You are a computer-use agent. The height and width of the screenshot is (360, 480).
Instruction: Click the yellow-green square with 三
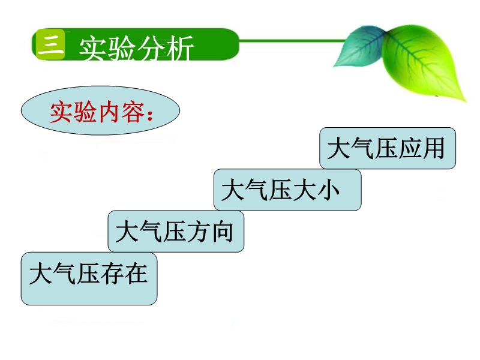pos(50,44)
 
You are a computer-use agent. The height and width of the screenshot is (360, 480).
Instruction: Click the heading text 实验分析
pos(137,48)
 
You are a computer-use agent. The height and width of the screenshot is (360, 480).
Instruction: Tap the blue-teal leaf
pos(361,47)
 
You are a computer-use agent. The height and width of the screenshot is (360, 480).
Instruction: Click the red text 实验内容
pos(97,112)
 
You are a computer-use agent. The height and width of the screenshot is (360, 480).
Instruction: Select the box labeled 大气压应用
pos(388,148)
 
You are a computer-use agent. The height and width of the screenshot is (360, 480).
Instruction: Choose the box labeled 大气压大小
pos(287,190)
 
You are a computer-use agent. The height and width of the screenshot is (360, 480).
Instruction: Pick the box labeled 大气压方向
pos(176,232)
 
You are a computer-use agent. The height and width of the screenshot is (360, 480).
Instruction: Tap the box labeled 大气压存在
pos(89,278)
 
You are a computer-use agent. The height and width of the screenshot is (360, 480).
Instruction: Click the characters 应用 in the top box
pos(422,148)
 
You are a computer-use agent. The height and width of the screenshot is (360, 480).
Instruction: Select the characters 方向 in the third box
pos(210,232)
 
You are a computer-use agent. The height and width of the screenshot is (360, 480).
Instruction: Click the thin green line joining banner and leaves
pos(292,40)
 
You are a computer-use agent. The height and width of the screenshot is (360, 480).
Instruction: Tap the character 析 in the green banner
pos(180,48)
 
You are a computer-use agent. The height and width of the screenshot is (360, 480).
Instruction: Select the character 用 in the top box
pos(433,148)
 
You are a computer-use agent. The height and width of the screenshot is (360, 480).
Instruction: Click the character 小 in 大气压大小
pos(328,190)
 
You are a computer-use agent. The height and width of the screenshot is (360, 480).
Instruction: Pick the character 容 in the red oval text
pos(133,112)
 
